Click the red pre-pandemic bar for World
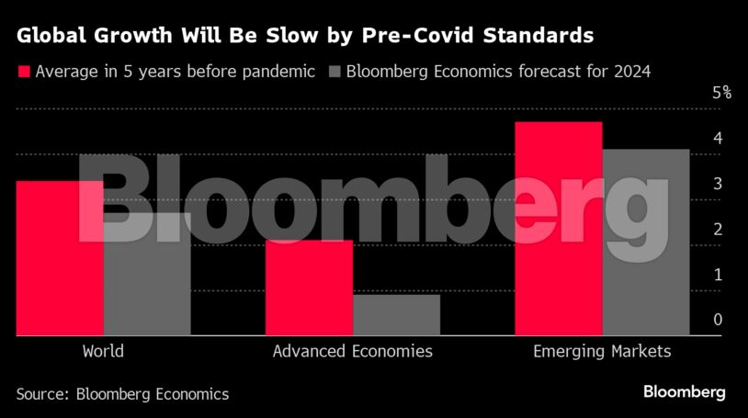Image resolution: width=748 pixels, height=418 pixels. pos(60,258)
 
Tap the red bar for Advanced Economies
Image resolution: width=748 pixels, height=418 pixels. pos(309,288)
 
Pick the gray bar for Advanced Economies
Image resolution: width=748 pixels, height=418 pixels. pos(396,315)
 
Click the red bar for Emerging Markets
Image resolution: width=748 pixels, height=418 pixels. pos(559,229)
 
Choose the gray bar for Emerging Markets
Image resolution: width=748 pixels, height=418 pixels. pos(645,243)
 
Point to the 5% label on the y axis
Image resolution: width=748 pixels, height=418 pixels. pos(721,92)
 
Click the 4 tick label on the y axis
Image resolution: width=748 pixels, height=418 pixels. pos(717,138)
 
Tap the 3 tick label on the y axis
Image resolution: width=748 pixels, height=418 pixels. pos(717,183)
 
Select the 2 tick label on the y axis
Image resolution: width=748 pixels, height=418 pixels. pos(717,229)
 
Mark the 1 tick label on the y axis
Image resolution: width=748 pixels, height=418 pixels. pos(717,274)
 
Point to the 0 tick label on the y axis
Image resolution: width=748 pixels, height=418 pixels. pos(717,320)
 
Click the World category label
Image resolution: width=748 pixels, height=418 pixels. pos(103,351)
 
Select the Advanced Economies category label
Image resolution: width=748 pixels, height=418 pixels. pos(352,351)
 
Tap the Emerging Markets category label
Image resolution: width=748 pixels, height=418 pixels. pos(602,351)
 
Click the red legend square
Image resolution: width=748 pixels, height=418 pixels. pos(23,72)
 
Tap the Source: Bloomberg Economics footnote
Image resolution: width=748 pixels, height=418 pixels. pos(122,393)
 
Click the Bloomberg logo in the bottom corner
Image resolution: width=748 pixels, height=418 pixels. pos(684,392)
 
